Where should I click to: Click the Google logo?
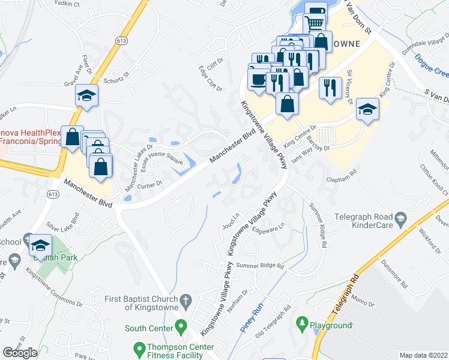[x=20, y=353]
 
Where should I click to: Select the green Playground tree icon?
[x=301, y=325]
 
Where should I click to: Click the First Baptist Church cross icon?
[x=186, y=300]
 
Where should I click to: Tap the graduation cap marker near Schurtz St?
[x=87, y=96]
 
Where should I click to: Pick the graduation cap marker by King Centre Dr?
[x=367, y=109]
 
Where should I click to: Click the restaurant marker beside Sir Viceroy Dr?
[x=330, y=88]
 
